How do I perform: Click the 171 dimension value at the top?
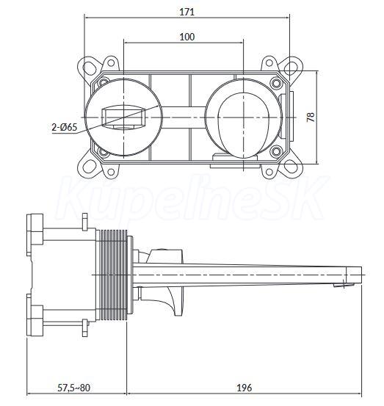186,12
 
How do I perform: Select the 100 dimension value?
187,37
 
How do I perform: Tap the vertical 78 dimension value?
311,117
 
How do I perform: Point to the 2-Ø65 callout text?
65,127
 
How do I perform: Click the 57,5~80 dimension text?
74,388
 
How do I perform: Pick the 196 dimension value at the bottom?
244,388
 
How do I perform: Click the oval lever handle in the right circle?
244,125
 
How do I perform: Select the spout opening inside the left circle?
123,117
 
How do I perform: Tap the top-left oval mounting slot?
90,68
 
